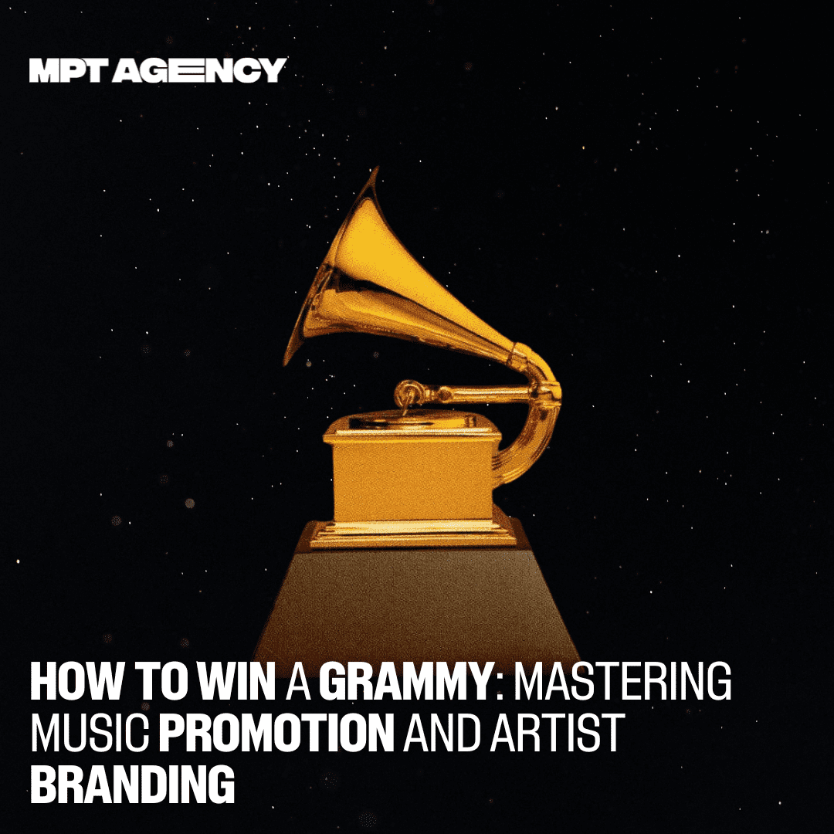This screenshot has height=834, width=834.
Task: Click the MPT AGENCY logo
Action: (158, 70)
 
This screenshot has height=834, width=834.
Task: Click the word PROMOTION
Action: (276, 733)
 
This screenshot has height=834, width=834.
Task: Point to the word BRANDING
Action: (133, 784)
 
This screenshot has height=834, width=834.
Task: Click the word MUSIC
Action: (90, 733)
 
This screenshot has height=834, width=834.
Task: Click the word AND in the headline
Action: (442, 733)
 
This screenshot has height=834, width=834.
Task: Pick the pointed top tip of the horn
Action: (377, 168)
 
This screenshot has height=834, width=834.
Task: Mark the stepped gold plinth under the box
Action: (412, 534)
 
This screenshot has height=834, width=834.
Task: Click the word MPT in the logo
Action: (66, 70)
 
